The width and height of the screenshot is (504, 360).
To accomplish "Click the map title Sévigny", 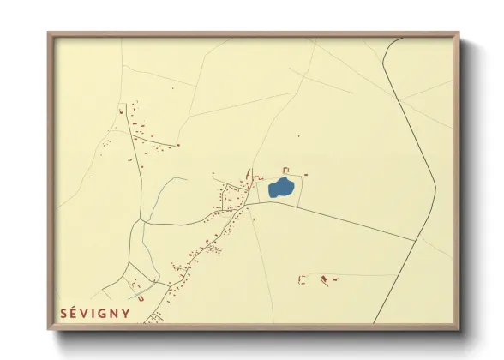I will point(95,314).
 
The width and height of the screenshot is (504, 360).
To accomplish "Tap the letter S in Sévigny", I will point(64,314).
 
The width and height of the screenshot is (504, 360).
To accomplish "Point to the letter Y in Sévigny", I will point(127,314).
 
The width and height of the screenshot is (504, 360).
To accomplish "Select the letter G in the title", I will point(101,314).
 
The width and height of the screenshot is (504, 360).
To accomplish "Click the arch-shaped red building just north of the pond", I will point(286,170).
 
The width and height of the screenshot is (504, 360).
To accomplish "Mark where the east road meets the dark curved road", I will point(416,241).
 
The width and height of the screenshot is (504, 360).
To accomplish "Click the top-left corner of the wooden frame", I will point(49,34).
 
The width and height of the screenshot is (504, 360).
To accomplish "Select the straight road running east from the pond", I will point(343,223).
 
